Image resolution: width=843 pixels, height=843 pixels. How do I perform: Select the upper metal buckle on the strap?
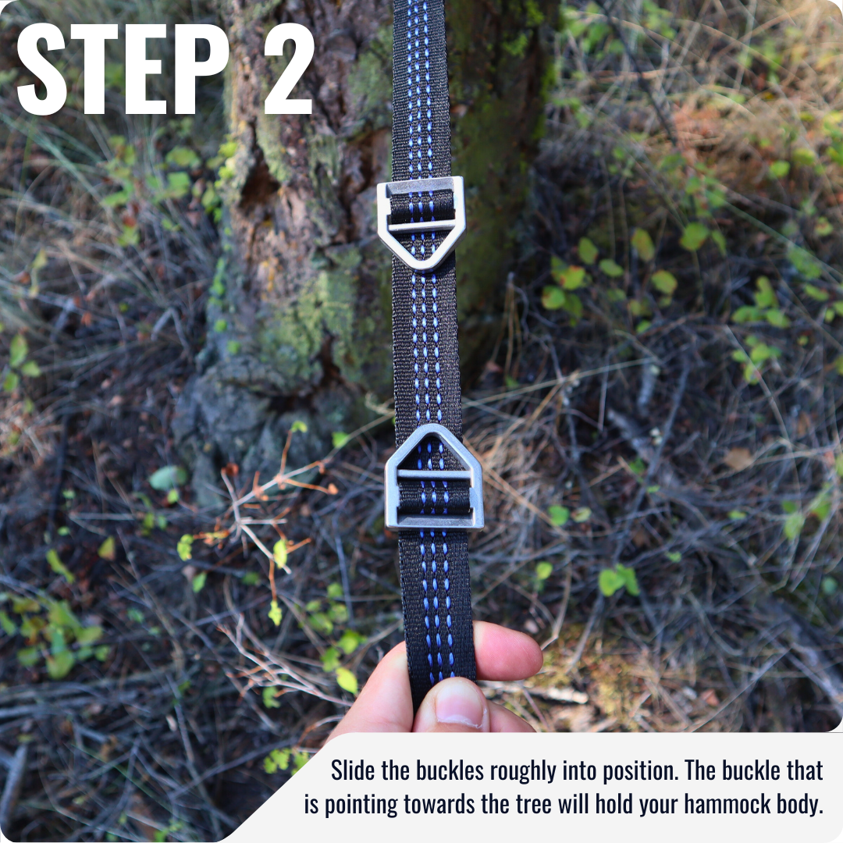point(421,222)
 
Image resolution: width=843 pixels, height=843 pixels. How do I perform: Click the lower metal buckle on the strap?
point(434,478)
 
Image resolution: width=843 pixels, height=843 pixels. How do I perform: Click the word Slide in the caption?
point(354,771)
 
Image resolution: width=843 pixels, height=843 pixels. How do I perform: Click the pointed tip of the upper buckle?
point(425,265)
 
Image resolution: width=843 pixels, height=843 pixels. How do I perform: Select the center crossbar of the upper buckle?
point(421,226)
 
